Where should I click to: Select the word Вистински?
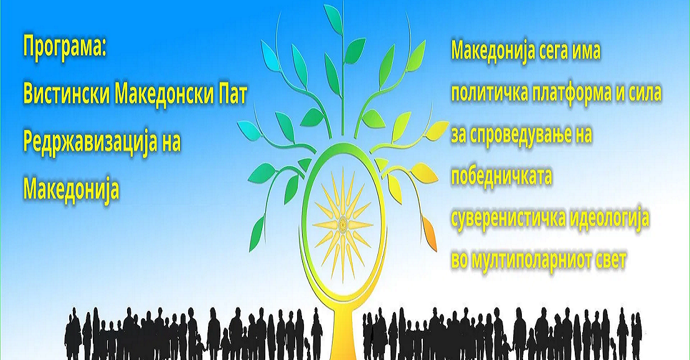[66, 95]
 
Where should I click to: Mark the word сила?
[646, 93]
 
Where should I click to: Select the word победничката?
[502, 176]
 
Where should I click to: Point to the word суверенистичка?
[508, 219]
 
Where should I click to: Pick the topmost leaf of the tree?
[334, 17]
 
